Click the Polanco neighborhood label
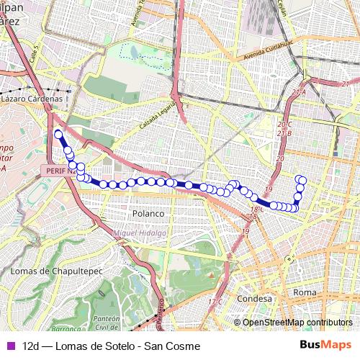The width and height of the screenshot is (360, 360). coord(149,214)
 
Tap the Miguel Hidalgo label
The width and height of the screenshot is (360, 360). coord(140,233)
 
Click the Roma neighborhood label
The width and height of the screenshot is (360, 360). coord(305,292)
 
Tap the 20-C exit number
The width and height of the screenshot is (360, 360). coord(284,125)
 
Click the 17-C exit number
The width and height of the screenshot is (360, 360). coord(215,301)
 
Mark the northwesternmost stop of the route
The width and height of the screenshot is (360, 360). coord(58,134)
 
